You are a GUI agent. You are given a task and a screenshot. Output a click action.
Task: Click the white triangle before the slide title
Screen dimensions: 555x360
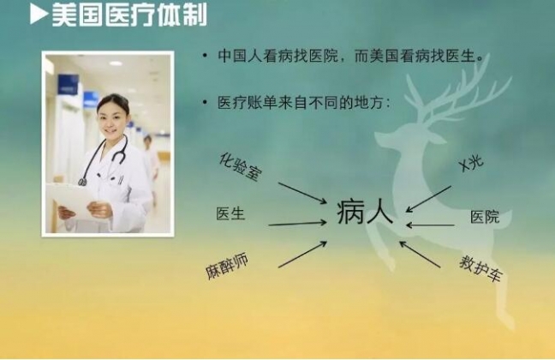(x=39, y=15)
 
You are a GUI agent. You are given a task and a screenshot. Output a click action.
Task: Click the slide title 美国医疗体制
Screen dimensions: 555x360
(x=129, y=15)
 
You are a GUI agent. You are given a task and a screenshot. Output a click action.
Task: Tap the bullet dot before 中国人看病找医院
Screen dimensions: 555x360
(x=205, y=56)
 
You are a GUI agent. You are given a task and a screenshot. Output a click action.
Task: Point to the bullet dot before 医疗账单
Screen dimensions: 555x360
(x=205, y=103)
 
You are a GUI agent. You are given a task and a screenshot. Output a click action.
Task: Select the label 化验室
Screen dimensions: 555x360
(x=241, y=167)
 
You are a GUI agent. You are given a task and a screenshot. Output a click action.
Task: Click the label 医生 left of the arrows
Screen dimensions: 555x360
(x=230, y=213)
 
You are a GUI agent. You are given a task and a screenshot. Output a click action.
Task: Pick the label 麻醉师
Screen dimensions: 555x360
(x=227, y=266)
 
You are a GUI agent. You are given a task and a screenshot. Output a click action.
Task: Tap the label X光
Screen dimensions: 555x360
(x=471, y=164)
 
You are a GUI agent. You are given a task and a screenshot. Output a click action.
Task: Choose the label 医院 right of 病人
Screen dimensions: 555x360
(x=485, y=217)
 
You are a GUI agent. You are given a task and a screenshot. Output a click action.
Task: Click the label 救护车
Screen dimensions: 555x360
(x=480, y=268)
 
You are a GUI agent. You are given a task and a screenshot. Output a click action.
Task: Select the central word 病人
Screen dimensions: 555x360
(x=365, y=213)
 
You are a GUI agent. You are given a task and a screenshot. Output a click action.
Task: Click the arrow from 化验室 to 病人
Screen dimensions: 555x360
(x=302, y=193)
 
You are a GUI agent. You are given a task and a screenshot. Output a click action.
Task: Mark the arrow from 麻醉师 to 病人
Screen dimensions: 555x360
(x=302, y=255)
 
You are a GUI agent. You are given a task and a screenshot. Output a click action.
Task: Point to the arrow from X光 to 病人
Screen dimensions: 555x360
(x=428, y=199)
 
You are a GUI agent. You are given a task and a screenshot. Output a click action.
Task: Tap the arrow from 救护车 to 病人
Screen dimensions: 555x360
(x=421, y=254)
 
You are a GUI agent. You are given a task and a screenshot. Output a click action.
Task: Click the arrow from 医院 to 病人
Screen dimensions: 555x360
(x=431, y=225)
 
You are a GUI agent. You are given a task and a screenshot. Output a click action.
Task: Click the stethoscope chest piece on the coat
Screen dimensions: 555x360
(x=82, y=182)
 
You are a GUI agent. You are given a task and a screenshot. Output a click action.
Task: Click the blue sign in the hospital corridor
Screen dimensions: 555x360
(x=68, y=84)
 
